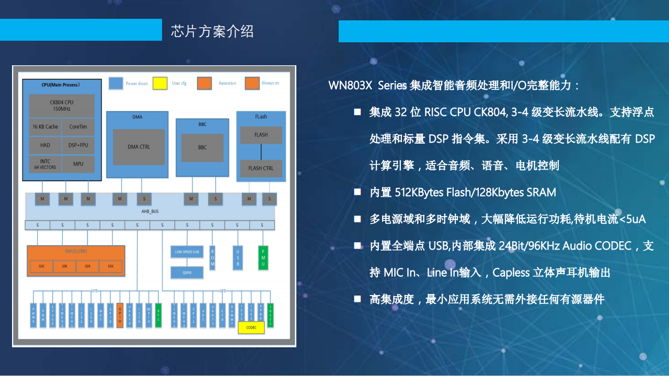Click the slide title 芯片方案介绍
coord(212,31)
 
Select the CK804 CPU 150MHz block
coord(62,105)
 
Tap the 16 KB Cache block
coord(45,127)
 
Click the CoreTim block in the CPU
coord(78,127)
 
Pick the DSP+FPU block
coord(78,145)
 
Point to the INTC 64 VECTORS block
coord(45,164)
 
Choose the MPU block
coord(78,164)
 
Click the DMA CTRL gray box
coord(139,147)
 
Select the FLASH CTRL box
coord(261,168)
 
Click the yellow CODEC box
coord(251,327)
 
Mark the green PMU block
coord(263,257)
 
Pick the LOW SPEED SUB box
coord(187,252)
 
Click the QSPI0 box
coord(187,272)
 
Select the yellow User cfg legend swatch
coord(160,83)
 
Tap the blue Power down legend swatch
coord(116,83)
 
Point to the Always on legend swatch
coord(252,83)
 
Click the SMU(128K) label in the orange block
coord(76,251)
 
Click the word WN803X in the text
coord(350,86)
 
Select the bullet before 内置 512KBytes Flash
coord(357,192)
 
